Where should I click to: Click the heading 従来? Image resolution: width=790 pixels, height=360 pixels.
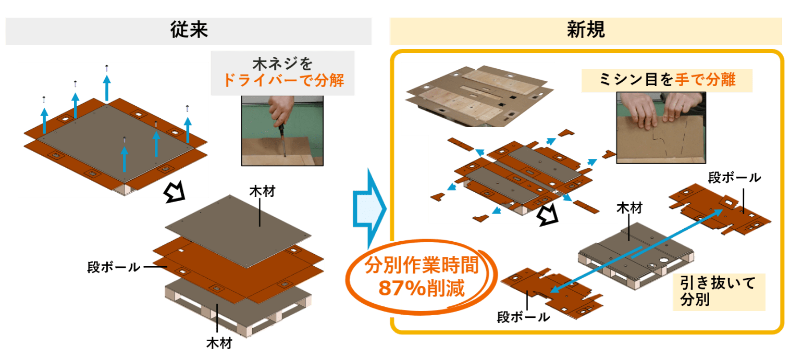189,30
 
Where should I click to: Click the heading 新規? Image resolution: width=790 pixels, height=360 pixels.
586,30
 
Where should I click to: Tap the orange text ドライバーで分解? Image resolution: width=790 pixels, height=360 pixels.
283,80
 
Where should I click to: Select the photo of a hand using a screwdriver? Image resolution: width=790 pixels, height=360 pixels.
282,130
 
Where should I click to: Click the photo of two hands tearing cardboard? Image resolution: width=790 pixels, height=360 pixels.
661,128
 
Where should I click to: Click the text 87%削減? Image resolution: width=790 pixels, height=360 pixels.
422,289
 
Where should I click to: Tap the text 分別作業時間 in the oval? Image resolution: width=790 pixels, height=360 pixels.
422,265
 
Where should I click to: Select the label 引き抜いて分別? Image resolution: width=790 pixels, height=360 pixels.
718,291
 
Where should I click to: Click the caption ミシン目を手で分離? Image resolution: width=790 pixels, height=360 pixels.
667,80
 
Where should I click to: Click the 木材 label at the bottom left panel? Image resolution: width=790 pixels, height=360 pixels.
219,343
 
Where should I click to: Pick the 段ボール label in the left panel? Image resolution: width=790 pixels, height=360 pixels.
114,267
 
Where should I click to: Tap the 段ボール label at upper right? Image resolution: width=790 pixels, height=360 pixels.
735,178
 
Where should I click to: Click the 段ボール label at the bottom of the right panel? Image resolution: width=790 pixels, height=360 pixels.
523,317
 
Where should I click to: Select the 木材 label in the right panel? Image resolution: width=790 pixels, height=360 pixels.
629,208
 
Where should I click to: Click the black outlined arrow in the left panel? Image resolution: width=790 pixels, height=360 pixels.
175,192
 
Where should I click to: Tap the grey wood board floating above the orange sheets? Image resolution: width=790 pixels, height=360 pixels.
238,231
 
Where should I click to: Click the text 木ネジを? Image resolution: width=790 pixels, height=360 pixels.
282,64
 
